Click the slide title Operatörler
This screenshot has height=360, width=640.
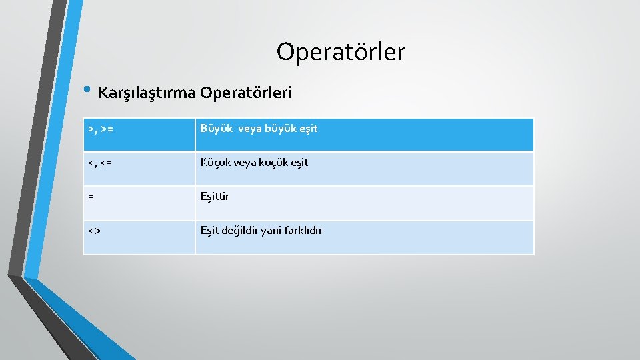pos(341,51)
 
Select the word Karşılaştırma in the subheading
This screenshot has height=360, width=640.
pos(147,93)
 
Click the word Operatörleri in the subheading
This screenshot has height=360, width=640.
pos(246,93)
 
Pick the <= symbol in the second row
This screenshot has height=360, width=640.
pos(106,163)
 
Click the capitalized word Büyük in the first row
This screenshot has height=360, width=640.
pos(214,129)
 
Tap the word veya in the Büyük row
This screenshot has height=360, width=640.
pos(251,129)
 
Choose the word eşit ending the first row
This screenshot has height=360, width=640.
pos(307,129)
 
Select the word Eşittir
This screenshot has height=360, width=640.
pos(215,197)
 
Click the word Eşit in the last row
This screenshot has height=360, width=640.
pos(210,231)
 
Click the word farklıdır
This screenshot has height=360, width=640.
pos(305,231)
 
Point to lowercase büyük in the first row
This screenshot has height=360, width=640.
pos(281,129)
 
